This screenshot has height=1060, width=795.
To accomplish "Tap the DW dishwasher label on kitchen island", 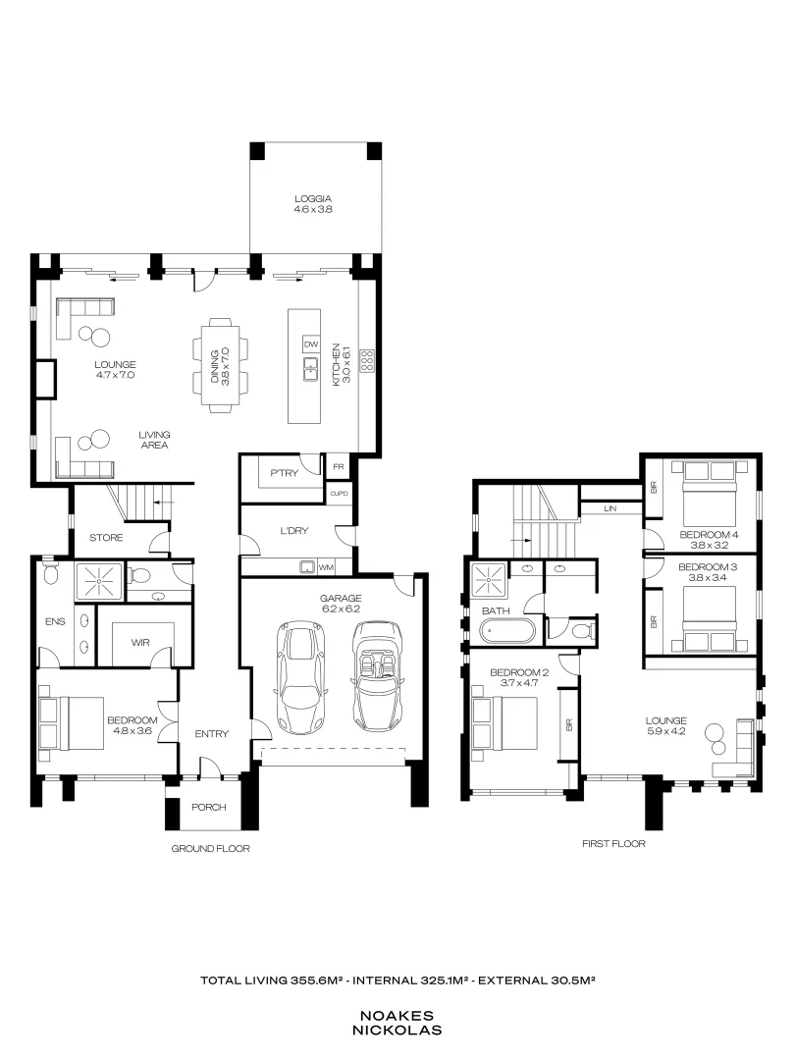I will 311,344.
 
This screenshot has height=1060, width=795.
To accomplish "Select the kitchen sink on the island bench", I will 311,368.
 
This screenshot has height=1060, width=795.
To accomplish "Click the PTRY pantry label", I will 284,473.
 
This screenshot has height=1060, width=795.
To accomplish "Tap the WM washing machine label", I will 326,566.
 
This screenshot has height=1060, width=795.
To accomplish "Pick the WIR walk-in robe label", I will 142,642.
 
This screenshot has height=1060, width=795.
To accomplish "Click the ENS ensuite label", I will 54,621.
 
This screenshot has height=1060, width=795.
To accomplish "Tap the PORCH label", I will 208,808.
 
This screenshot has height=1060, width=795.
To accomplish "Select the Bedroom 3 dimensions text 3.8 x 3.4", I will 707,579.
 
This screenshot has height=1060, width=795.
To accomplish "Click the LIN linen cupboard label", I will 609,508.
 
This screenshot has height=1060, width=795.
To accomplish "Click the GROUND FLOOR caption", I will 210,848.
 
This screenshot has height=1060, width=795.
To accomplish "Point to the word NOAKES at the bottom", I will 400,1016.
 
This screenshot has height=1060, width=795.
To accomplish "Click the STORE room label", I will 105,538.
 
